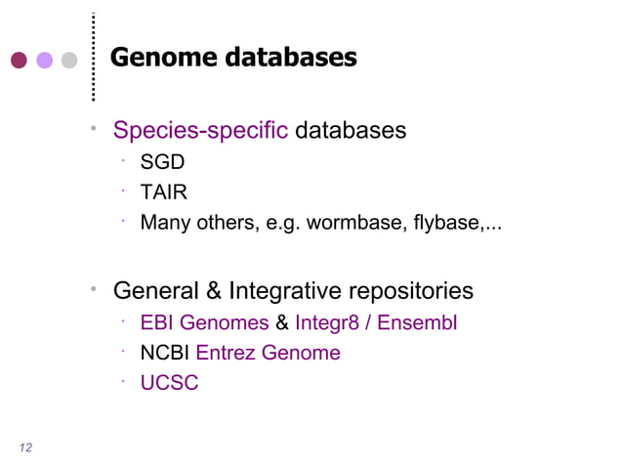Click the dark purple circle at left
point(19,61)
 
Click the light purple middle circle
point(44,61)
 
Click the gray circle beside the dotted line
point(69,61)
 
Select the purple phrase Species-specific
point(200,130)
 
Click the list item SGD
point(162,161)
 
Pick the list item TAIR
point(163,191)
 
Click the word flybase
point(449,222)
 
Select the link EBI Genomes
point(204,322)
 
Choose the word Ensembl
point(417,322)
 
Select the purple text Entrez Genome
point(269,353)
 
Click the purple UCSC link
point(169,383)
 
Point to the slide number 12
point(25,447)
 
